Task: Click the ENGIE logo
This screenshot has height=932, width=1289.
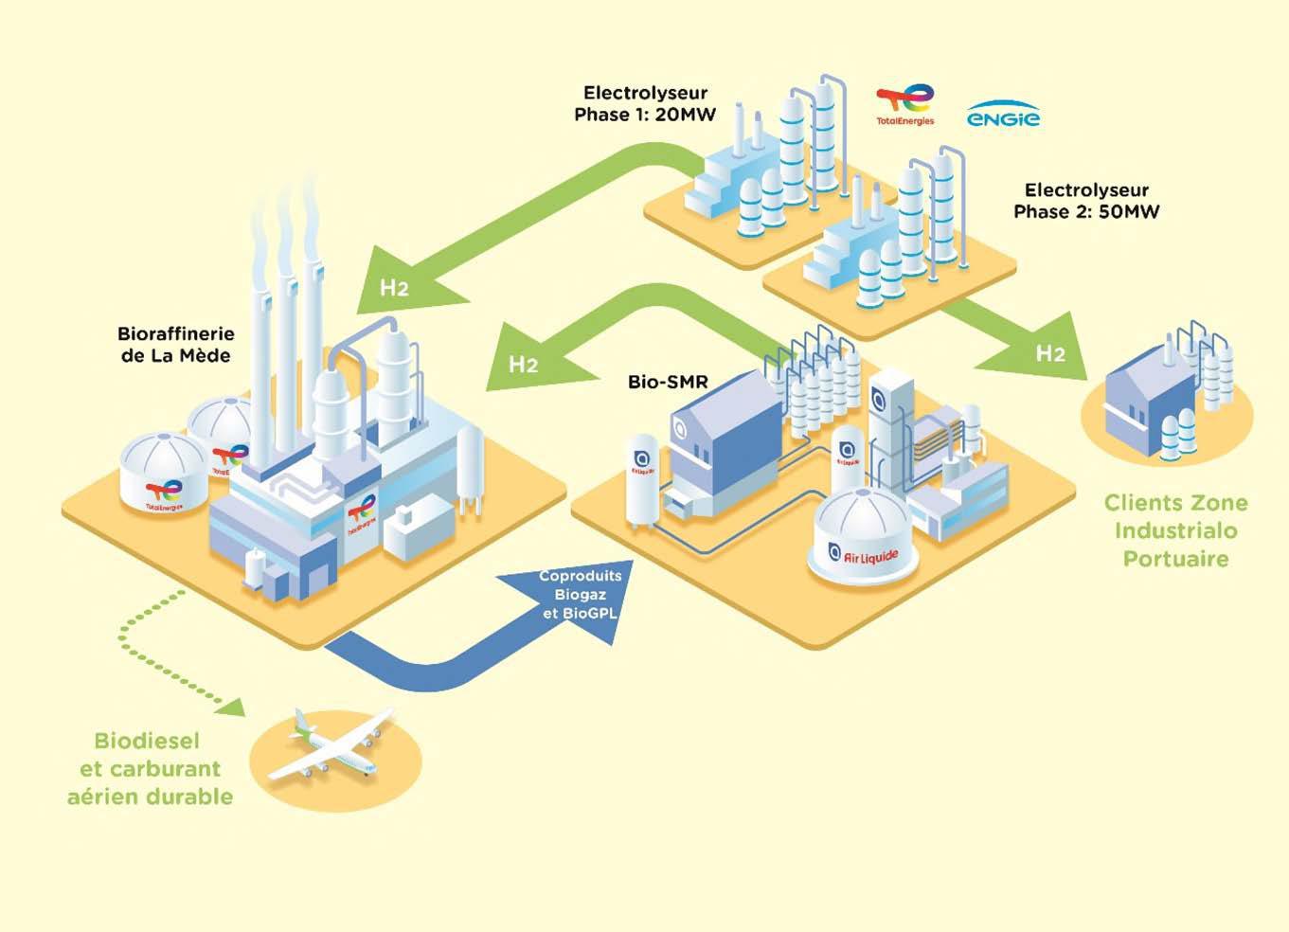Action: [x=1003, y=116]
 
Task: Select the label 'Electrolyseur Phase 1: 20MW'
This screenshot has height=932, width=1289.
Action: [x=645, y=103]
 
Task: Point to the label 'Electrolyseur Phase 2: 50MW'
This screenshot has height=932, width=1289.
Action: [x=1086, y=201]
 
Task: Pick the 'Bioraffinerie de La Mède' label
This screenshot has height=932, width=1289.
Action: [x=175, y=345]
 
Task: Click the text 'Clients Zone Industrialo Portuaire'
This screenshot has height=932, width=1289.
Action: [x=1175, y=530]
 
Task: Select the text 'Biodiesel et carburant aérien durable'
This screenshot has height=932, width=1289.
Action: [x=150, y=768]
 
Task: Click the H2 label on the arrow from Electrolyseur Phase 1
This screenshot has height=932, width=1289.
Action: [x=394, y=287]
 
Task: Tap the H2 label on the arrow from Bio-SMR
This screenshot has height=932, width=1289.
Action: [x=523, y=365]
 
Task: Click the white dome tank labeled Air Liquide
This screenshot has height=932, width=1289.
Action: [x=863, y=535]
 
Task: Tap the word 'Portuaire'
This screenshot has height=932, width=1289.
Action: [x=1175, y=559]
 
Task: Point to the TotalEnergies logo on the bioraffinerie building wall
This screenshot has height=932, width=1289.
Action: [x=362, y=515]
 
